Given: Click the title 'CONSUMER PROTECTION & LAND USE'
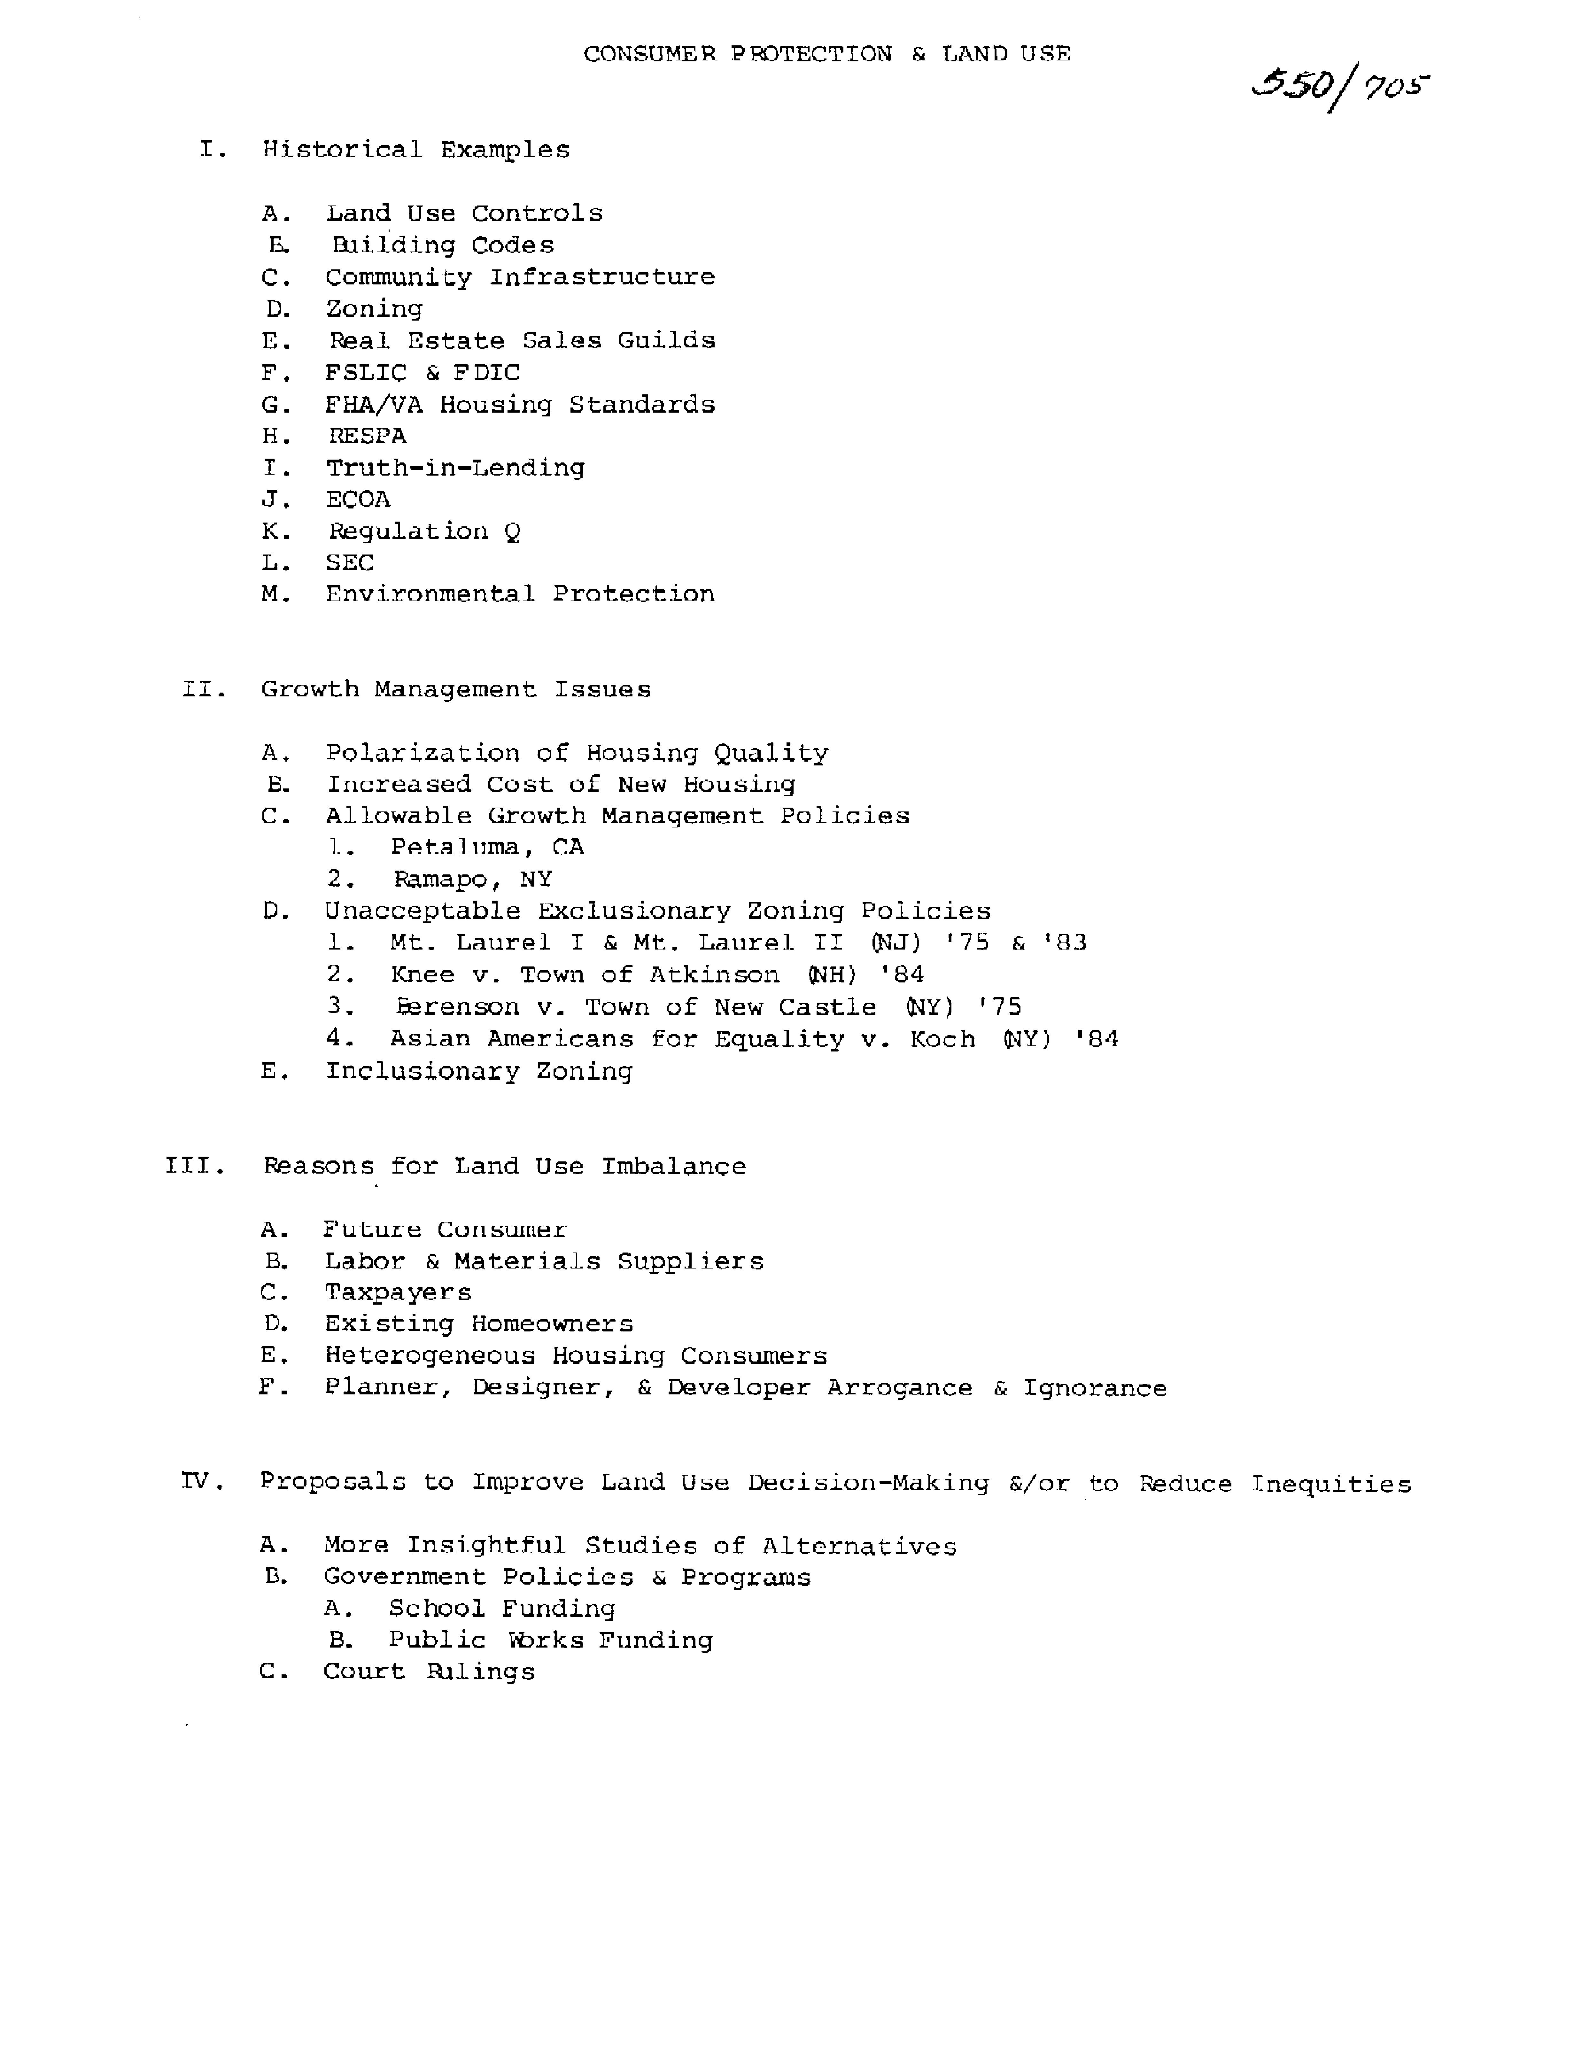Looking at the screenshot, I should (x=826, y=54).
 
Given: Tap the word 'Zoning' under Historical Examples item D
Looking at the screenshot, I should (x=374, y=309).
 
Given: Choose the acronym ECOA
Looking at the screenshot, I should (x=358, y=499).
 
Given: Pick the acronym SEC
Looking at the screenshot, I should (x=349, y=563).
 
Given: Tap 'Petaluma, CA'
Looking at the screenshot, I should (x=487, y=847).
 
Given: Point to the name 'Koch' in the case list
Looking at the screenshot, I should (x=942, y=1039).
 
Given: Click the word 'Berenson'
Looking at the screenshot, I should (x=457, y=1007).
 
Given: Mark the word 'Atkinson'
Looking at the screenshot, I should (x=714, y=975).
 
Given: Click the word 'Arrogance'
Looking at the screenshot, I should (x=899, y=1388).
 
